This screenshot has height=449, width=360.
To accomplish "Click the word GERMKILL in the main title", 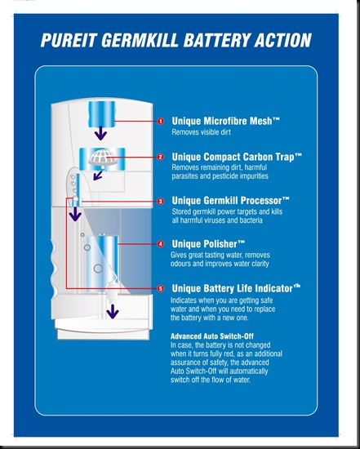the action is click(140, 40).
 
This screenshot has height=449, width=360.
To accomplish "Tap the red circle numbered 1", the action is click(161, 121).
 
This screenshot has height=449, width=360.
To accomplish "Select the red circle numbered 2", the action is click(161, 157).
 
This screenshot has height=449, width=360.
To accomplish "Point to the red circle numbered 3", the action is click(161, 202).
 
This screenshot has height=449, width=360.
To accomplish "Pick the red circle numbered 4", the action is click(161, 244).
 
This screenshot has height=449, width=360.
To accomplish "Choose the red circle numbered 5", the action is click(161, 288).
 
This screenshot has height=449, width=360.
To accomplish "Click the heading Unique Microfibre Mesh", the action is click(225, 121).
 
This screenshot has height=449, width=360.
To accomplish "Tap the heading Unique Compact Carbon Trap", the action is click(237, 157).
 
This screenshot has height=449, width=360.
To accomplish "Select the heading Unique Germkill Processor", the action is click(230, 201).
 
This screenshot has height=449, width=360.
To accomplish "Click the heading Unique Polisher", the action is click(208, 244).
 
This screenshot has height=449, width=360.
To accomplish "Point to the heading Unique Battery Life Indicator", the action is click(236, 288).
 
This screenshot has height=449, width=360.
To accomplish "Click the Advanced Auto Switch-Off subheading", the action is click(212, 336).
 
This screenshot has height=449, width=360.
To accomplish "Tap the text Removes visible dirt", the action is click(201, 132).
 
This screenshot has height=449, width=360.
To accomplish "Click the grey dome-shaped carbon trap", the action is click(103, 158).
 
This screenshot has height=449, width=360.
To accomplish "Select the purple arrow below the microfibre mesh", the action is click(100, 133).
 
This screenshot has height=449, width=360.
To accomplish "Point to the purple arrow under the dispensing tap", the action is click(113, 312).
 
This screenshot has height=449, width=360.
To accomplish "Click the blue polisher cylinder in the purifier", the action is click(102, 263).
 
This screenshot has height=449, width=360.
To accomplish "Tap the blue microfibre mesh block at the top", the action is click(102, 114).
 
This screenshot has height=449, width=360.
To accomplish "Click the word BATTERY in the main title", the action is click(216, 40).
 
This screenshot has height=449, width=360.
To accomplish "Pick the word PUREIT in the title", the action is click(68, 40).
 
